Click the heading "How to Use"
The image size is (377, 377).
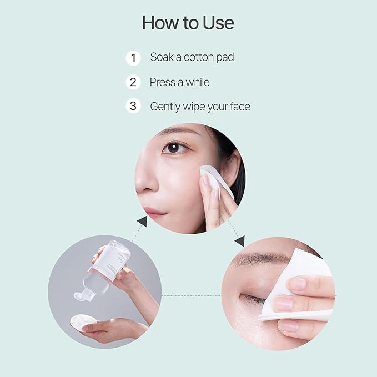click(x=188, y=23)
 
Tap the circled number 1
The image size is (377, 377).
click(x=133, y=58)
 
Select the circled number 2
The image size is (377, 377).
click(x=133, y=82)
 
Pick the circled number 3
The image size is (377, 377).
click(x=133, y=106)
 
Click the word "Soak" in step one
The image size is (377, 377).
click(x=162, y=58)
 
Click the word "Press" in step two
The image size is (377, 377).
click(x=162, y=82)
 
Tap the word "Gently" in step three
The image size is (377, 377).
click(x=165, y=107)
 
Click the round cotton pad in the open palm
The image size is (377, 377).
click(x=83, y=323)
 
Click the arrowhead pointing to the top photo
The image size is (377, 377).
click(x=142, y=222)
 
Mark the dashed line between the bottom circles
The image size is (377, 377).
click(x=192, y=295)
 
